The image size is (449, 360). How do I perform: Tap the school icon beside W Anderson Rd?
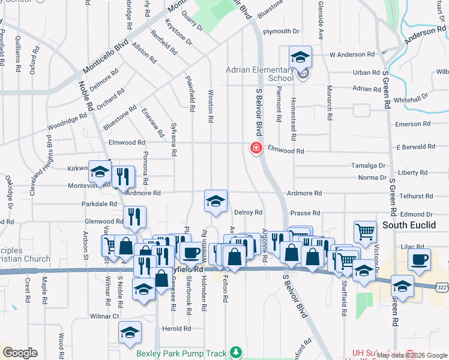pyautogui.click(x=300, y=57)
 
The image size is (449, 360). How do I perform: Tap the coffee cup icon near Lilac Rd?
pyautogui.click(x=419, y=259)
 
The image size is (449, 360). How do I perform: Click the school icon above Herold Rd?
pyautogui.click(x=130, y=332)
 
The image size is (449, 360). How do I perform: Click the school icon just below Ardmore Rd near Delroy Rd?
pyautogui.click(x=215, y=201)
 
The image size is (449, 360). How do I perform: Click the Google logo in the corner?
pyautogui.click(x=19, y=353)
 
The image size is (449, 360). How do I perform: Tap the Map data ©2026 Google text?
pyautogui.click(x=411, y=355)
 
